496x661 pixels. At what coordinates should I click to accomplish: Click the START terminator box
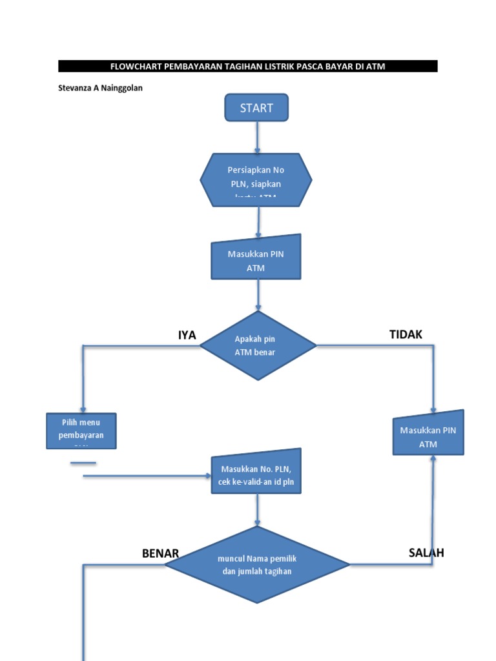pos(256,108)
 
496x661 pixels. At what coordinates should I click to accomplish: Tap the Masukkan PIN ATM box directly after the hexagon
pos(256,258)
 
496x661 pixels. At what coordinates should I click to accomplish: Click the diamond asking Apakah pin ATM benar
pos(258,345)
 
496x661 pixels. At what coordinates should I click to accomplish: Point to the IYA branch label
pos(187,334)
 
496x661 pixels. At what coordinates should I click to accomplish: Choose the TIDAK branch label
pos(406,334)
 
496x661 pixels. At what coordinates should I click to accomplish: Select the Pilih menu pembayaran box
pos(81,431)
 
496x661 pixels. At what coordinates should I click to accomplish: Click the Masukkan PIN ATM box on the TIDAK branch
pos(428,434)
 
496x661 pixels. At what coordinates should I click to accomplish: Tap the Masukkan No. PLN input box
pos(256,472)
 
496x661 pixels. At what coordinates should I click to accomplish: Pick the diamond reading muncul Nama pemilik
pos(257,565)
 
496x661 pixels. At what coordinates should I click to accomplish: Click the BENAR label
pos(160,554)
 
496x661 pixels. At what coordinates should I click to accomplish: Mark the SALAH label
pos(426,553)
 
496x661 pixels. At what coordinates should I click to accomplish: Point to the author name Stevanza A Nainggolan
pos(100,88)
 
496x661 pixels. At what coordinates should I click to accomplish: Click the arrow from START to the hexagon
pos(257,137)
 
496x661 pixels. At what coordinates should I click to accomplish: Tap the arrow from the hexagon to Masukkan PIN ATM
pos(258,221)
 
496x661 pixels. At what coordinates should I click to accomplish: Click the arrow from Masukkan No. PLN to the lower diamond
pos(258,510)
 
